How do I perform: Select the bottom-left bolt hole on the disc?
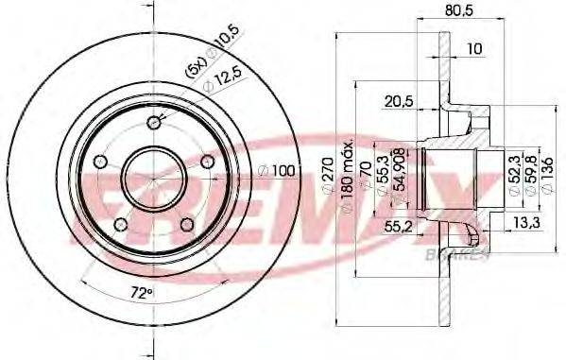point(119,224)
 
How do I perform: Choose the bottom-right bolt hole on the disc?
point(186,224)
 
